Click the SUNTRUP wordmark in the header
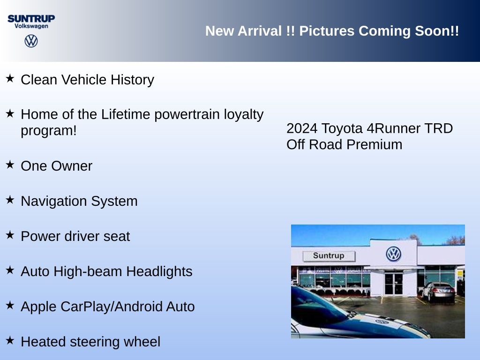(31, 19)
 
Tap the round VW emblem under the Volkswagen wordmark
(31, 41)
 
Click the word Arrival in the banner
(260, 31)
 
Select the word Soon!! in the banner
(437, 31)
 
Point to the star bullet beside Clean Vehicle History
(10, 78)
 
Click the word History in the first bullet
(132, 80)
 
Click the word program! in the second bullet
(49, 131)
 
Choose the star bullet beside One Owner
(10, 165)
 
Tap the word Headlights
(159, 271)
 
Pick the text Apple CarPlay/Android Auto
(108, 307)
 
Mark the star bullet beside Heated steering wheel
(10, 340)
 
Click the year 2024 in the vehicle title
(302, 128)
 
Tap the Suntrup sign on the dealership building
(329, 256)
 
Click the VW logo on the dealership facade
(394, 254)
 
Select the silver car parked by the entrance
(438, 292)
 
